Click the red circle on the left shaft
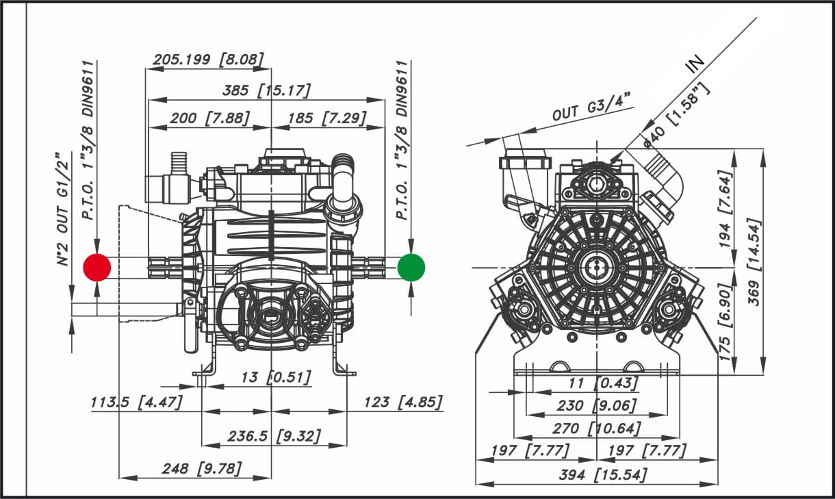[x=97, y=268]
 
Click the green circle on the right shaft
[x=411, y=268]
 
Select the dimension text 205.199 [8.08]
[x=208, y=60]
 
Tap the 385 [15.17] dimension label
[x=266, y=90]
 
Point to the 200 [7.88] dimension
[x=210, y=118]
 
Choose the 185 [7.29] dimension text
[x=327, y=118]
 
